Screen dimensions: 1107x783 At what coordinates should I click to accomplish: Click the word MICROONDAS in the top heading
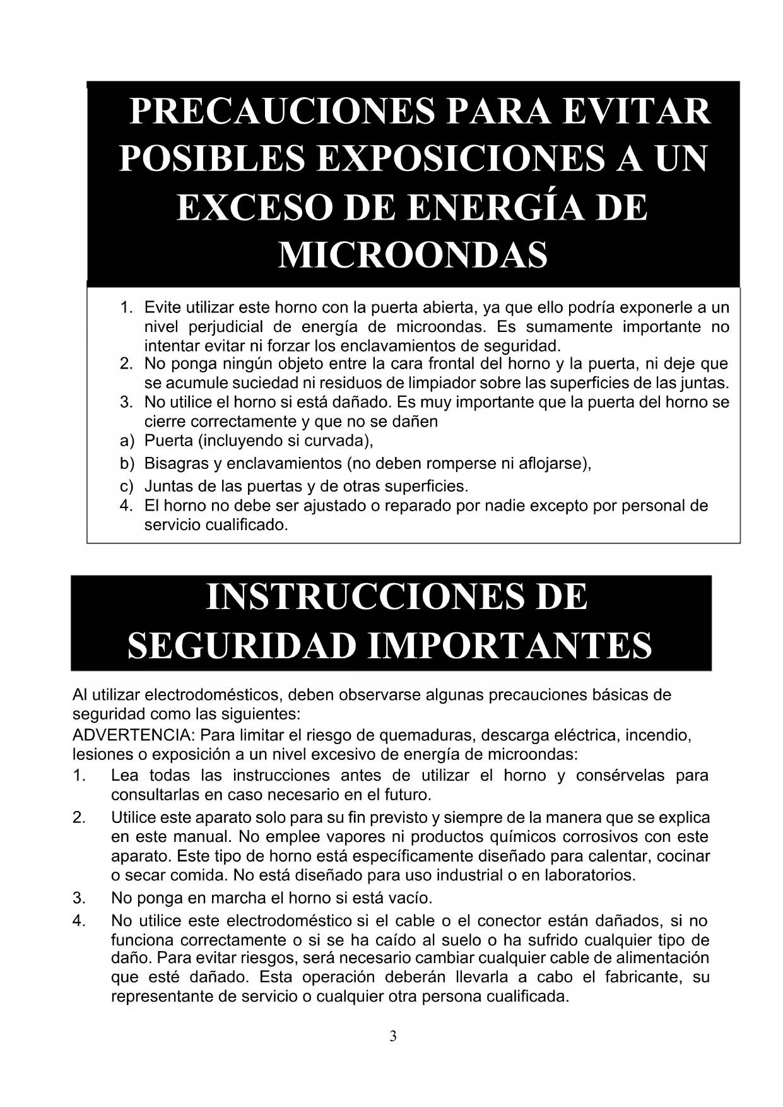413,256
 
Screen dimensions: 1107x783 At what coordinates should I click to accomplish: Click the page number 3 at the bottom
393,1036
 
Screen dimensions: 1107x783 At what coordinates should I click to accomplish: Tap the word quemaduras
420,735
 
